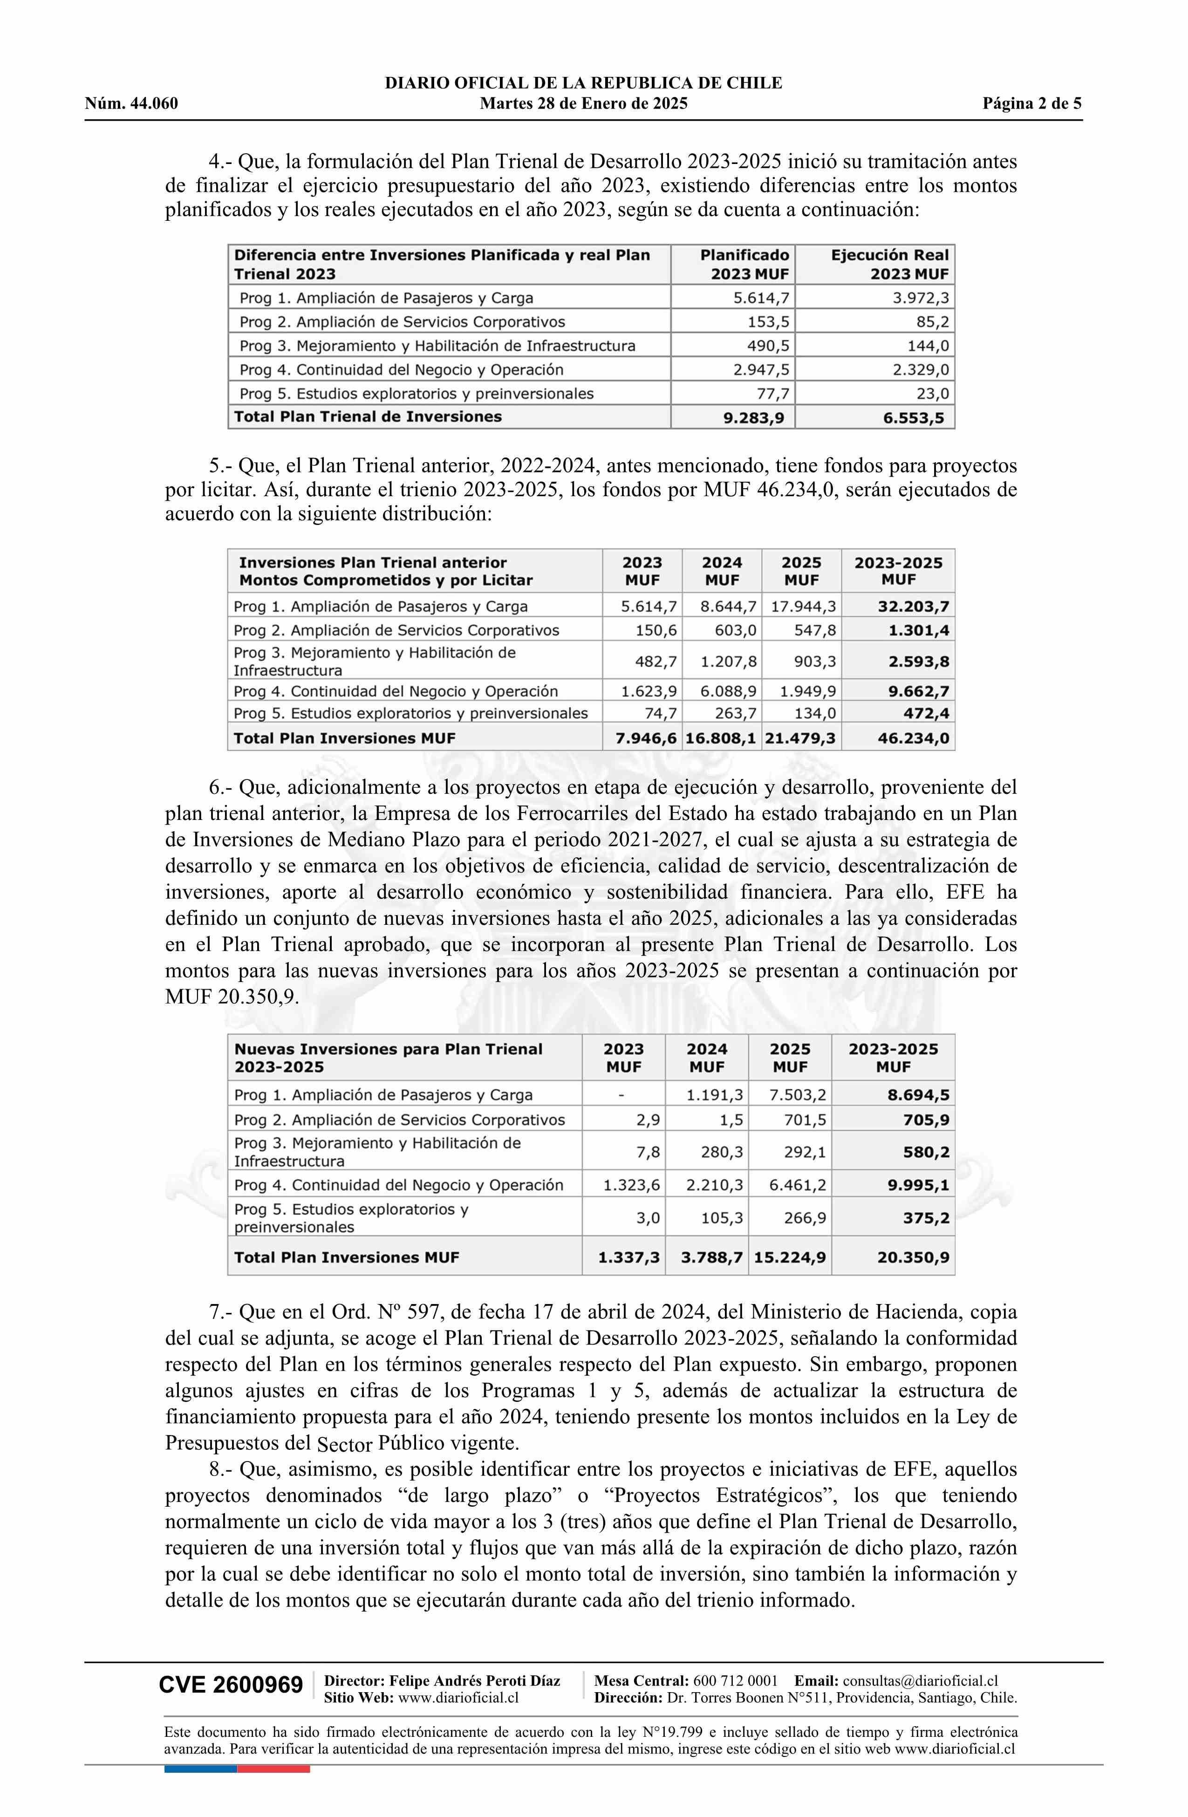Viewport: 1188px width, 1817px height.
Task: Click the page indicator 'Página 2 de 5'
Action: (1031, 104)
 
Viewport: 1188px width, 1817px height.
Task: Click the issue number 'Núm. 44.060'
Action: (131, 104)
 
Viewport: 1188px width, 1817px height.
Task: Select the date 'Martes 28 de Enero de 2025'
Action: (583, 104)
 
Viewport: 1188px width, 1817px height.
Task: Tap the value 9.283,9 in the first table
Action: (754, 417)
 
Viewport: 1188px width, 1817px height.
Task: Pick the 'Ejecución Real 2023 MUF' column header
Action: (889, 264)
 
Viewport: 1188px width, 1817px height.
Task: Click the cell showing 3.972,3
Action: (921, 298)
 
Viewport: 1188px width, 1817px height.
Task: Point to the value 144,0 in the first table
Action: (928, 346)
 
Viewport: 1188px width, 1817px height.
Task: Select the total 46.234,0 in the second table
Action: (913, 738)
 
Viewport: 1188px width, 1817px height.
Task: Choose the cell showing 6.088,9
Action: (728, 692)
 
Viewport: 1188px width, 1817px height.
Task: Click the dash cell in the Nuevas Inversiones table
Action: (622, 1095)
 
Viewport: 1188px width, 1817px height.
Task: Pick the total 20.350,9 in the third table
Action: (913, 1257)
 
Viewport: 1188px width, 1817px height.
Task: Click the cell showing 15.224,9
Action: (790, 1257)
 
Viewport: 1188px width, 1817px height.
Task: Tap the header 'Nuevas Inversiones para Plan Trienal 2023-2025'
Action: (388, 1058)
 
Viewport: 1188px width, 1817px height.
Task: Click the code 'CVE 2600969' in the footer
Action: (231, 1684)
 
